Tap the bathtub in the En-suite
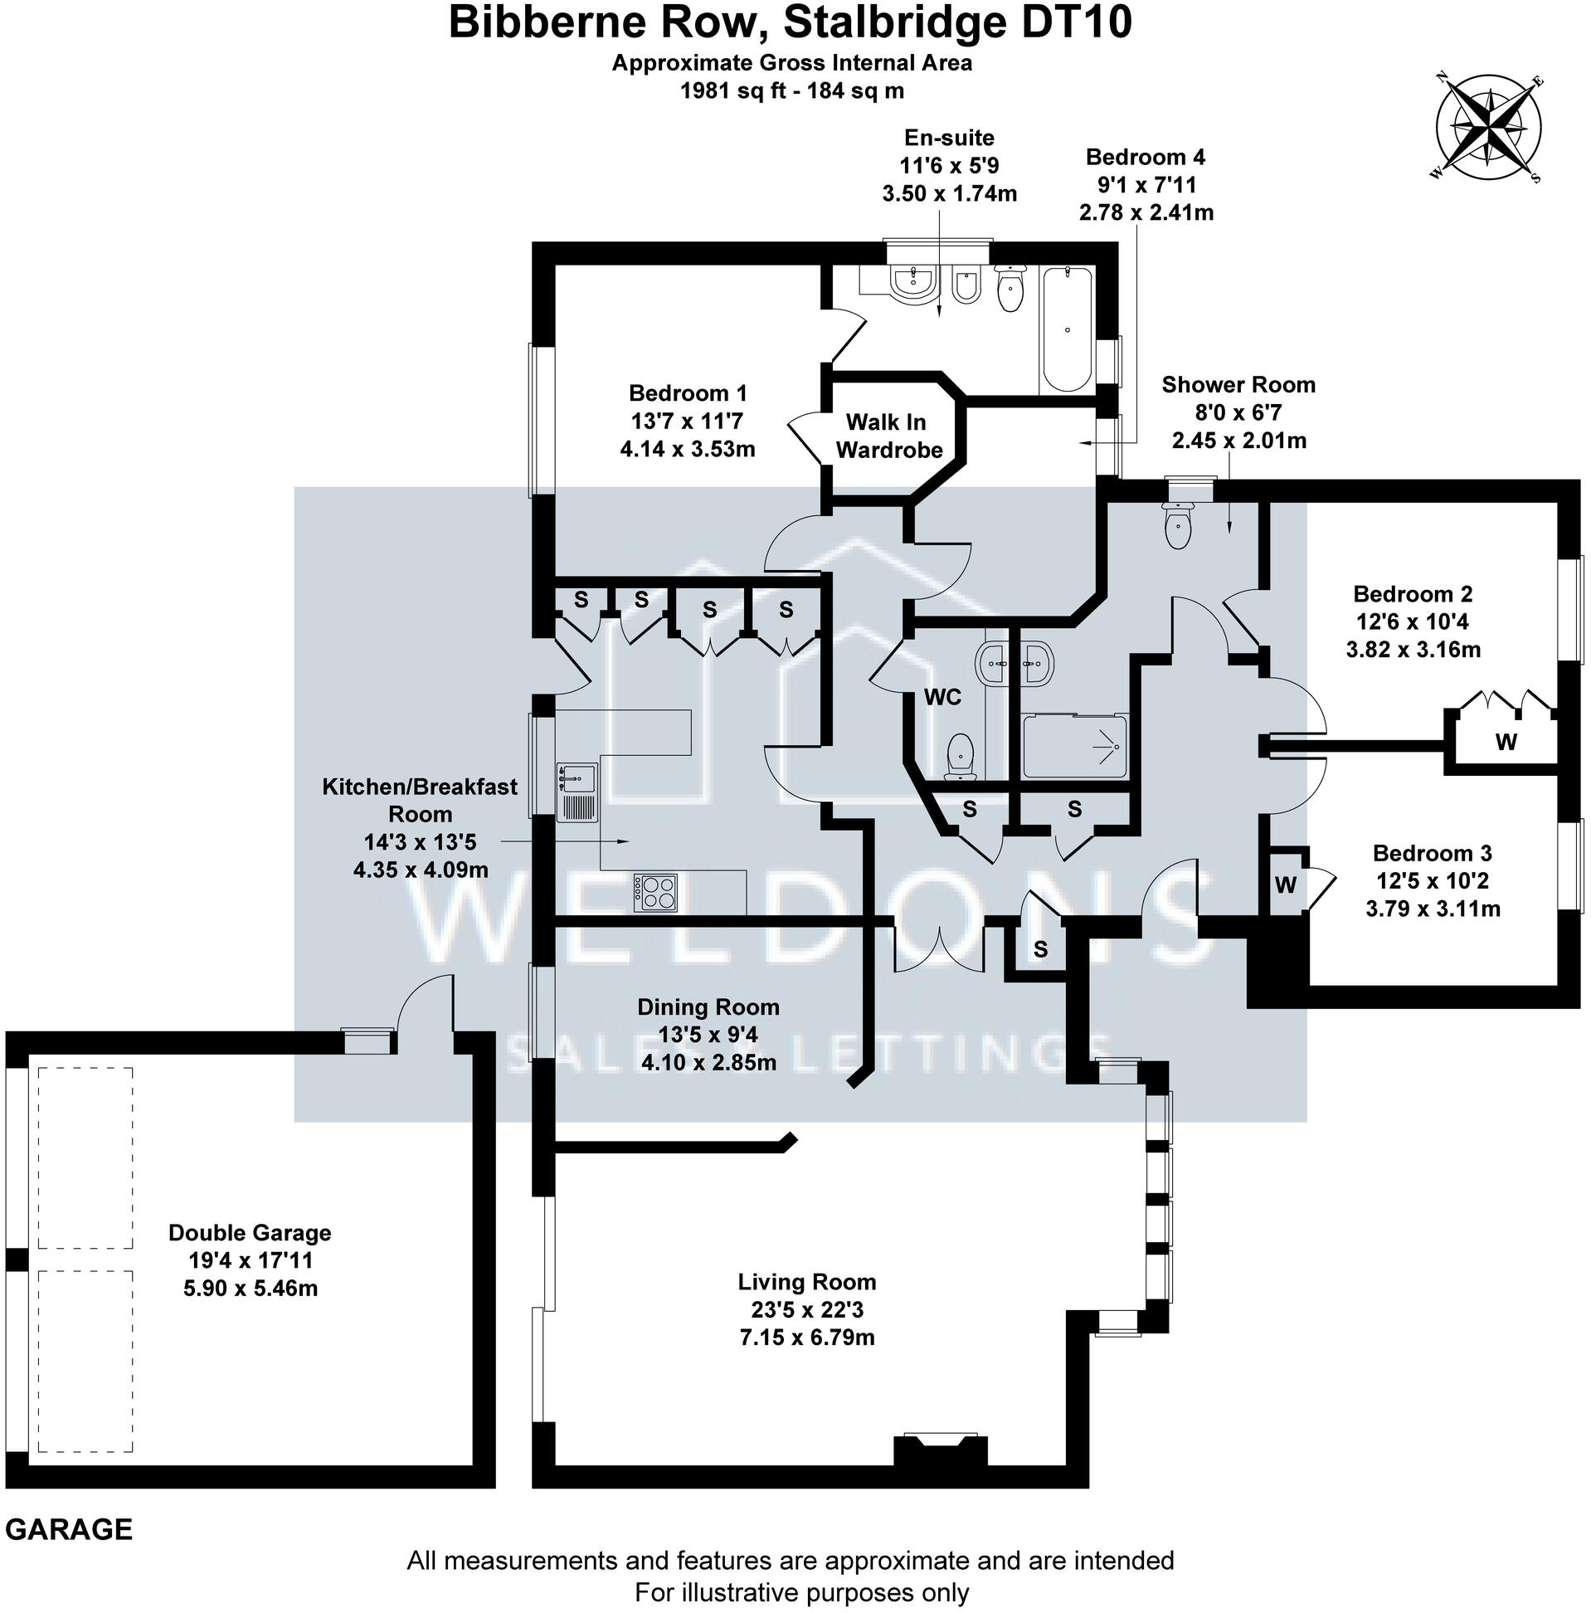[x=1067, y=329]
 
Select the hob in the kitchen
[x=655, y=892]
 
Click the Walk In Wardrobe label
[x=888, y=436]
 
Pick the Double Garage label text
[x=250, y=1232]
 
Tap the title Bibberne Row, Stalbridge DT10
[x=790, y=23]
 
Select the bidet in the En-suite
[x=966, y=287]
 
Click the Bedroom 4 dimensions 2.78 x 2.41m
[x=1146, y=213]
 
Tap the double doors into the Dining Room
[x=939, y=948]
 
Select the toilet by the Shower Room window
[x=1177, y=525]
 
